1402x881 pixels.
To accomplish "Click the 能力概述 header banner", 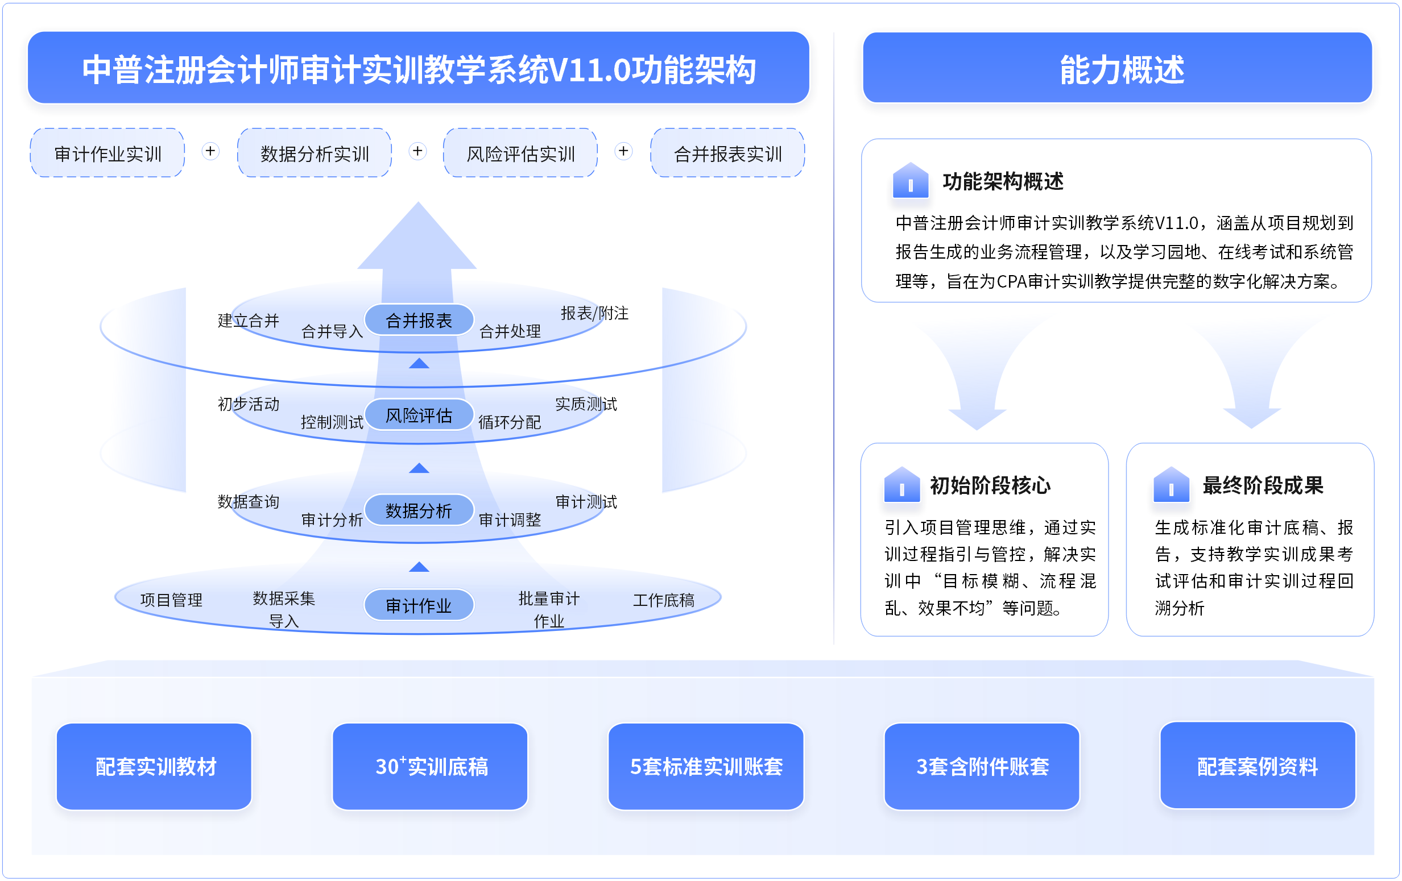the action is [1116, 68].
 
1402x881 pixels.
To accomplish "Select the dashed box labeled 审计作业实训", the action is [107, 153].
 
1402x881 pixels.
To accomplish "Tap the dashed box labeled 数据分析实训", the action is [315, 153].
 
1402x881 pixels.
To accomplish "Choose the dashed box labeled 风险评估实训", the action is [520, 153].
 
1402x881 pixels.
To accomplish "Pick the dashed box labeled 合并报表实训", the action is [728, 153].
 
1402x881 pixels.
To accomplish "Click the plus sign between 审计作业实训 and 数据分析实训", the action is [211, 151].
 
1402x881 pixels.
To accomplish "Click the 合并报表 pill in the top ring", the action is [419, 320].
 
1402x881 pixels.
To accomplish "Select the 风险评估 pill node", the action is [419, 415].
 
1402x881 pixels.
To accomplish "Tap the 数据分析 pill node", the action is [419, 510].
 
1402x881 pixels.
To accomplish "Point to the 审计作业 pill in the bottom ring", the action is [419, 605].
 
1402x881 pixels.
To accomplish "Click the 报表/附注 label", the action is [594, 313].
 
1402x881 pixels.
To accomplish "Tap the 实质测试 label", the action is [586, 404].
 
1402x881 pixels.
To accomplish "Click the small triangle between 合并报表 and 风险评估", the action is [419, 364].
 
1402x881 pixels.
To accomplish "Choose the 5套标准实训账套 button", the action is [706, 766].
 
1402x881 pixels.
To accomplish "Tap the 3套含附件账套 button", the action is [982, 766].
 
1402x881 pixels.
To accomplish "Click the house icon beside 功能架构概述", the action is [911, 180].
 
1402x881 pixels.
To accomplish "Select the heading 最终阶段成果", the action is [1263, 485].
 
